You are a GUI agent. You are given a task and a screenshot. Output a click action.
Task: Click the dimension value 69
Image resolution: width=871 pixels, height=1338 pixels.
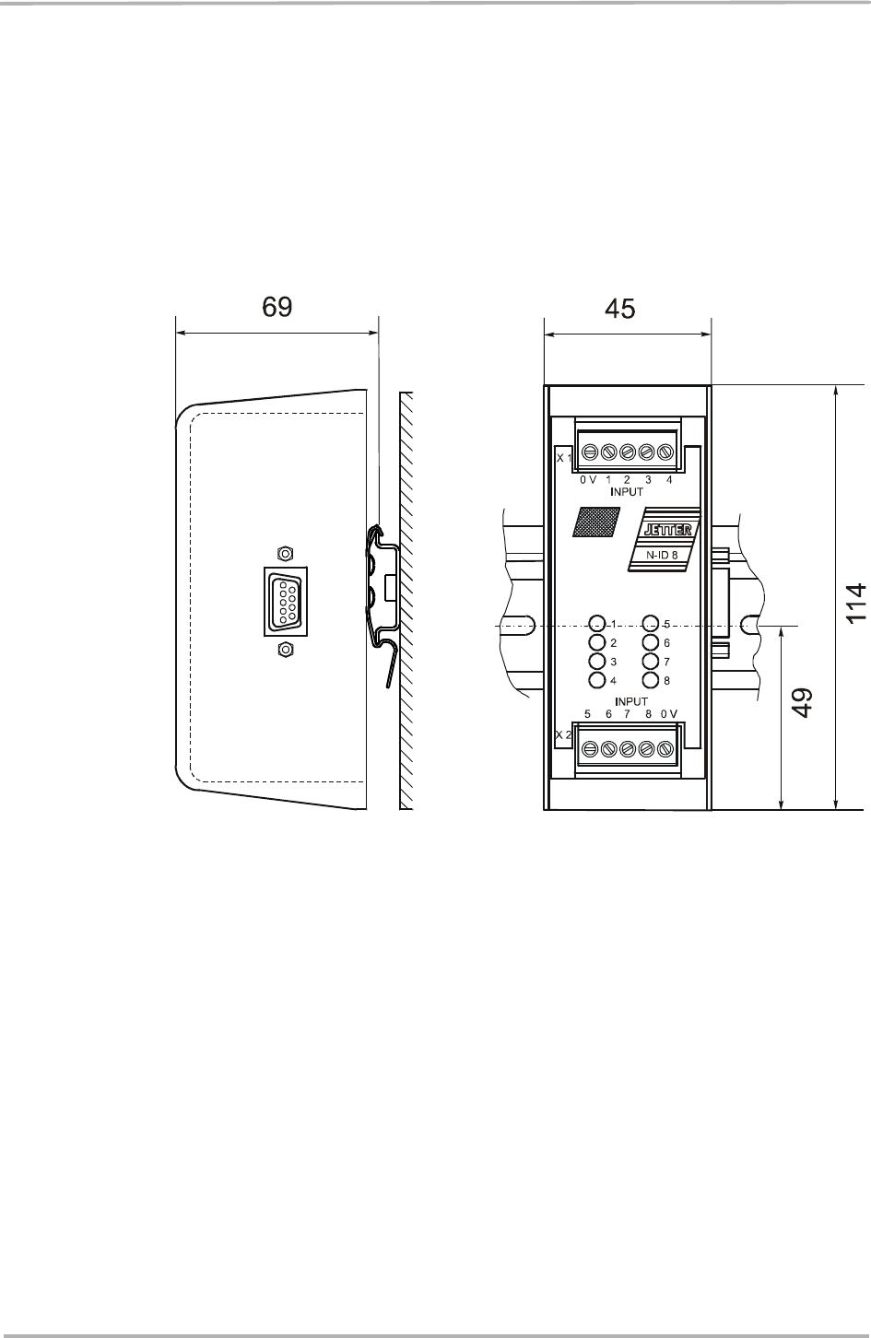277,308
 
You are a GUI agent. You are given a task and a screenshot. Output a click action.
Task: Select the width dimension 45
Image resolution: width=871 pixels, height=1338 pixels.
620,309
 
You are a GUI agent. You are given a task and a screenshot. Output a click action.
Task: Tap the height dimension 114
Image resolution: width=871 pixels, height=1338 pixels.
856,604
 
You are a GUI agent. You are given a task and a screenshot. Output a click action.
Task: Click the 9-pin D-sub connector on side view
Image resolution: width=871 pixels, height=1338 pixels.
286,601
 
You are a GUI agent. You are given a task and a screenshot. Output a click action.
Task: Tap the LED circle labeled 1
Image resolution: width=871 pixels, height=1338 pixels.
597,623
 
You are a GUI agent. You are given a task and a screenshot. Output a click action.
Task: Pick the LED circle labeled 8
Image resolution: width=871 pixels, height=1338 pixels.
651,680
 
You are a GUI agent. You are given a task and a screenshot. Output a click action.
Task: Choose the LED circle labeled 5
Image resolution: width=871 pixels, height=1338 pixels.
651,623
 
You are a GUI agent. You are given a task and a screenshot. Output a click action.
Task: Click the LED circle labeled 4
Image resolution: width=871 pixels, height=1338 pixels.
597,680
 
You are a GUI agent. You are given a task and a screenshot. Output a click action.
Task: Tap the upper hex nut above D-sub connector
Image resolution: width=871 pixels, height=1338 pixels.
286,553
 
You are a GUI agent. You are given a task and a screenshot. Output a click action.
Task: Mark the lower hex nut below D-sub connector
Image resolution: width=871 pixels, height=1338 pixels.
286,650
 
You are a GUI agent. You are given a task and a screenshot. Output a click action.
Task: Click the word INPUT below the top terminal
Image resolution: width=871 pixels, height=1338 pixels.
627,492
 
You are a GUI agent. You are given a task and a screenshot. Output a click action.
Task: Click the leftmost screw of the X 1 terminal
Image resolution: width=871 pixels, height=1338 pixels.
588,452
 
